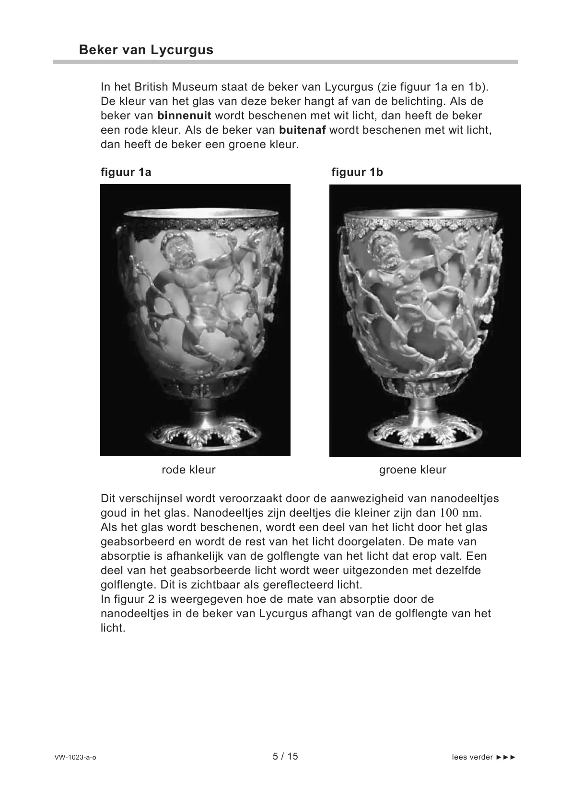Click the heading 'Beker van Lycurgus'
coord(146,50)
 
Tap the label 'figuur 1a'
coord(126,173)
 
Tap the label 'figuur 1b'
coord(357,173)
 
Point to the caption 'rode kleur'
coord(188,470)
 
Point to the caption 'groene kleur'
coord(412,470)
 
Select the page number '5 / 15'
coord(285,756)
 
